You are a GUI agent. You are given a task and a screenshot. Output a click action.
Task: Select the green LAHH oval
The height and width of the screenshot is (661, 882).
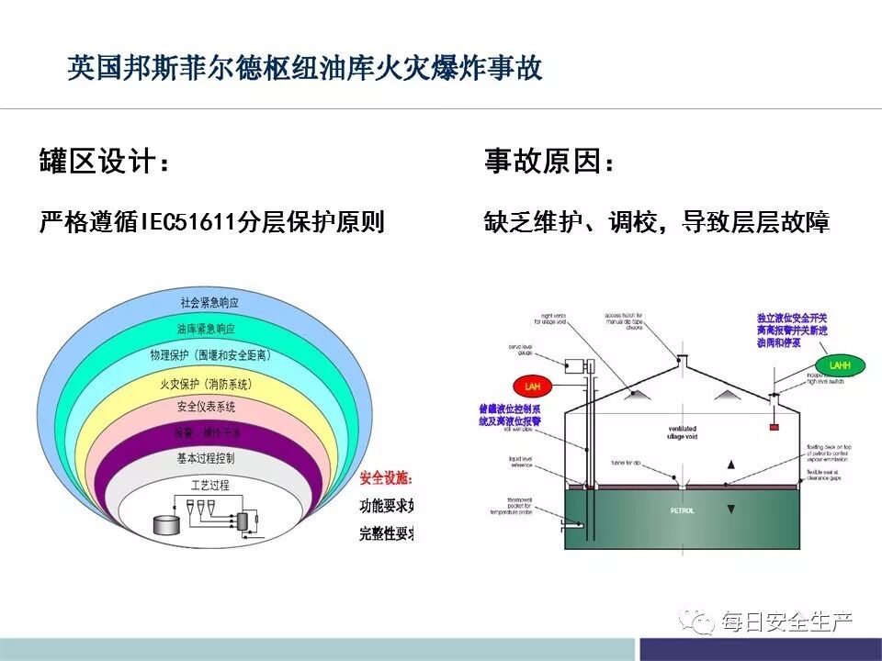tap(839, 364)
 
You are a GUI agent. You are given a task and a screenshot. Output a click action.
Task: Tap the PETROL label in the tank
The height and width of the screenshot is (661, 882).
tap(681, 510)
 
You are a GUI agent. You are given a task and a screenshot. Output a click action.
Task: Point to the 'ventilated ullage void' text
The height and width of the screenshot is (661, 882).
tap(684, 433)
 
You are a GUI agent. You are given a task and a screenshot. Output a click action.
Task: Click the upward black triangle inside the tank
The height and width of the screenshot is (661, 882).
tap(731, 465)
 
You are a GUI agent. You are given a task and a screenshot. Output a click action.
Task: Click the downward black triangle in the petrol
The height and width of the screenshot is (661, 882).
tap(731, 508)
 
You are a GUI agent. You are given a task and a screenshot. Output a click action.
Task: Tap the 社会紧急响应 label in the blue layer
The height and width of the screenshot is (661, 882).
tap(209, 302)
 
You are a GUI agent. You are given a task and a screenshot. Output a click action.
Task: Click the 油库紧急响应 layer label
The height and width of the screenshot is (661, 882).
tap(206, 328)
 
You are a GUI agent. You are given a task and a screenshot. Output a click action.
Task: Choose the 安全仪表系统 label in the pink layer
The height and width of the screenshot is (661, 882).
tap(206, 407)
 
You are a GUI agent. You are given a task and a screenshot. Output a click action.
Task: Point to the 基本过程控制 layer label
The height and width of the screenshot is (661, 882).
tap(206, 457)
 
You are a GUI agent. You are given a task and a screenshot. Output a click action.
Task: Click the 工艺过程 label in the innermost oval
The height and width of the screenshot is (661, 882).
tap(209, 484)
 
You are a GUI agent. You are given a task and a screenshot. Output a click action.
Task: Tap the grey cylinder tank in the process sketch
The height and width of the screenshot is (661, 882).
tap(165, 524)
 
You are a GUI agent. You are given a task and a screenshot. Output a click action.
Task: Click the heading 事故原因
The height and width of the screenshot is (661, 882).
tap(549, 163)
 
